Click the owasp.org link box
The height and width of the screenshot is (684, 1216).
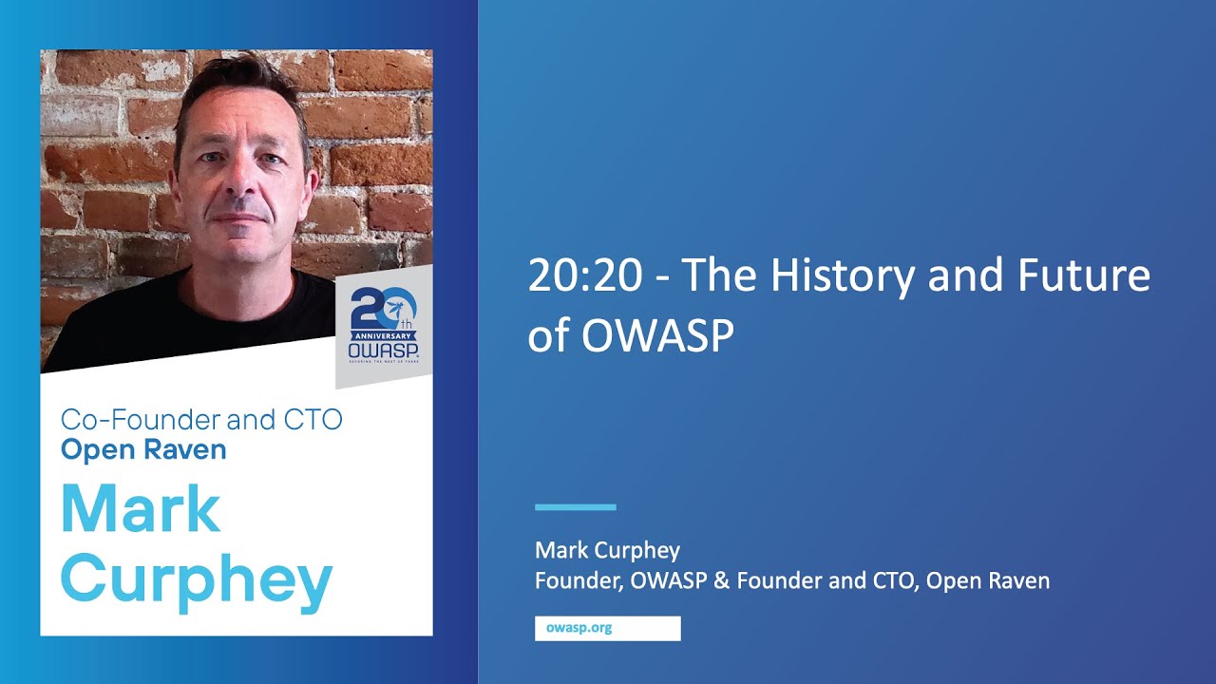tap(607, 629)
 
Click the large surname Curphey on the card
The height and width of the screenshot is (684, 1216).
tap(197, 580)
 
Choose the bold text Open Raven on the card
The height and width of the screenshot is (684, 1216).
tap(143, 449)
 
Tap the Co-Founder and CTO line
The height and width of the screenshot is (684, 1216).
tap(201, 419)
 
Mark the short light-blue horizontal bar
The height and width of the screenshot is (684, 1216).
tap(576, 507)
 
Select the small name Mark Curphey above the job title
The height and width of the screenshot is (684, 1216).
tap(608, 550)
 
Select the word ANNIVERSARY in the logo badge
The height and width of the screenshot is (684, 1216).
tap(384, 334)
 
